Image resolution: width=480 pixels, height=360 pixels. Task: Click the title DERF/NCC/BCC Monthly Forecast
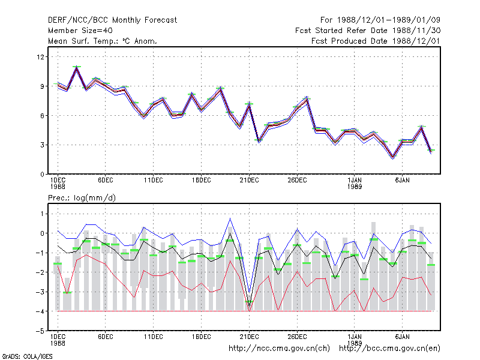[x=112, y=20]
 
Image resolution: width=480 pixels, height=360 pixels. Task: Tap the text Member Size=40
[x=80, y=31]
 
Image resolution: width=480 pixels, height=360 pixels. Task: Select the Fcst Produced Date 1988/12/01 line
[x=376, y=41]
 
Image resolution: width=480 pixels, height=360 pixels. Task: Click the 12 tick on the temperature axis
[x=40, y=57]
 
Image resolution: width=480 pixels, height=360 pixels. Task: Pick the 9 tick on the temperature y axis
[x=42, y=86]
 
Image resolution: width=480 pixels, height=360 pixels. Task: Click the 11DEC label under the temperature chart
[x=154, y=181]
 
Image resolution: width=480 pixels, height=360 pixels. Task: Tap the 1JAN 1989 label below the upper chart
[x=355, y=184]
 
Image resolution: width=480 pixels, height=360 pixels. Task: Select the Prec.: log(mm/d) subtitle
[x=82, y=198]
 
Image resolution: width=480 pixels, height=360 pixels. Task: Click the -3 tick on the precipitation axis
[x=40, y=292]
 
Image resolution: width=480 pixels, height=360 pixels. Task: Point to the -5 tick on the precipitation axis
[x=40, y=331]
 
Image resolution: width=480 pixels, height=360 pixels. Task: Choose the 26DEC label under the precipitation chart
[x=297, y=337]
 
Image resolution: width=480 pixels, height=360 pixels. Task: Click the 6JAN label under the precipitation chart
[x=402, y=337]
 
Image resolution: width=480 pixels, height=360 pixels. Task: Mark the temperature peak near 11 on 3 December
[x=77, y=67]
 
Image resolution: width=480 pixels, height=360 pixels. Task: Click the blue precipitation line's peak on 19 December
[x=230, y=218]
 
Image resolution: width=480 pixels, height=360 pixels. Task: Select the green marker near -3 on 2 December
[x=67, y=293]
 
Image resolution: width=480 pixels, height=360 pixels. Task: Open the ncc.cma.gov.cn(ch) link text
[x=279, y=349]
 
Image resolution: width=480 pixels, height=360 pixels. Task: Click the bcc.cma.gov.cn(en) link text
[x=389, y=349]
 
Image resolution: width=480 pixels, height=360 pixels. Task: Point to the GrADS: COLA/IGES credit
[x=27, y=356]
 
